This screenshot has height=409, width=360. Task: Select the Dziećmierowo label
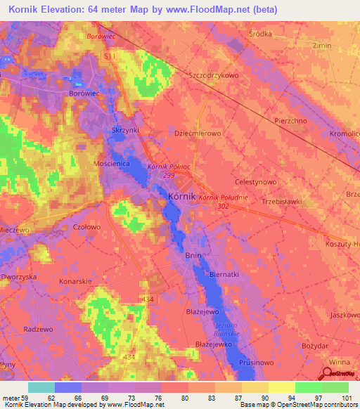tap(198, 132)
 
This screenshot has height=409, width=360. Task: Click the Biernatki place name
tap(225, 275)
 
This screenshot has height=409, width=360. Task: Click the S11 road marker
tap(109, 55)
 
